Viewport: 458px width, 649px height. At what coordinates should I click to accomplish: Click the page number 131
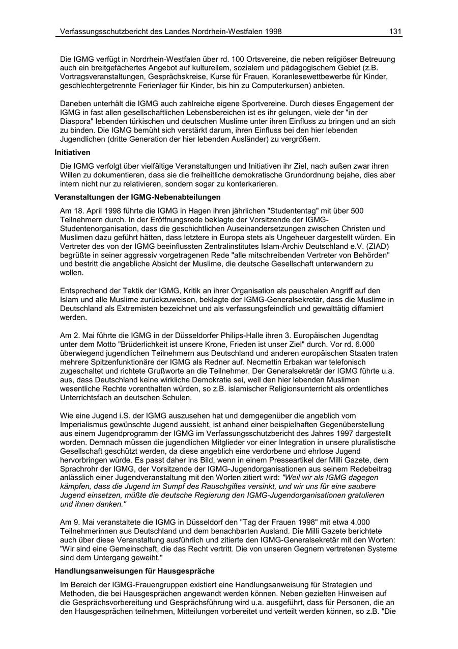point(395,32)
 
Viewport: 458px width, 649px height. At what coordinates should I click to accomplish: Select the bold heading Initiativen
point(73,152)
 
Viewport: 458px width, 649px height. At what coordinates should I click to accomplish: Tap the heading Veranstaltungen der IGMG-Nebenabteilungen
point(137,197)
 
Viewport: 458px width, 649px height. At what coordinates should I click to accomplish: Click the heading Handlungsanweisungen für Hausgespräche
point(134,570)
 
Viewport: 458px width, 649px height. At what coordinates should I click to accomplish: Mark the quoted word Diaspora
point(76,121)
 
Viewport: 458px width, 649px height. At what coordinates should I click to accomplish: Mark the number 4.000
point(359,522)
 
